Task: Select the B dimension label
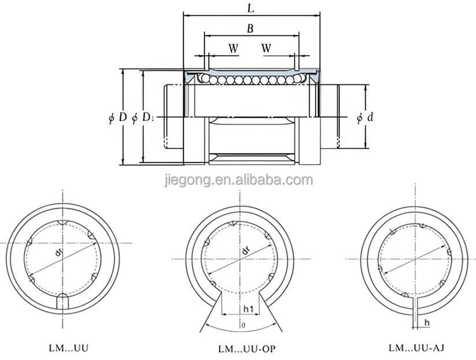point(250,29)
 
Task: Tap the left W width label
point(233,48)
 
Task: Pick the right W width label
point(266,48)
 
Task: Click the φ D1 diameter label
point(143,117)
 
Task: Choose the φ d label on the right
point(364,117)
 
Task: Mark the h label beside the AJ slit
point(426,322)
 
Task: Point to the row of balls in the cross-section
point(249,80)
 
